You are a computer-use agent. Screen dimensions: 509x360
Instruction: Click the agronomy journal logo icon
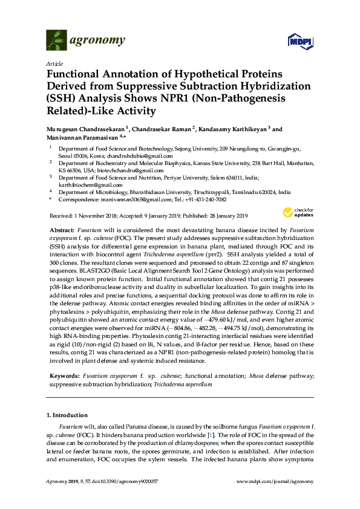(x=56, y=41)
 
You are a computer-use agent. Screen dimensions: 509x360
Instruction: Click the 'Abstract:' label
(x=62, y=231)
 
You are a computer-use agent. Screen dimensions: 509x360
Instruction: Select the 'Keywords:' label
(x=64, y=376)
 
